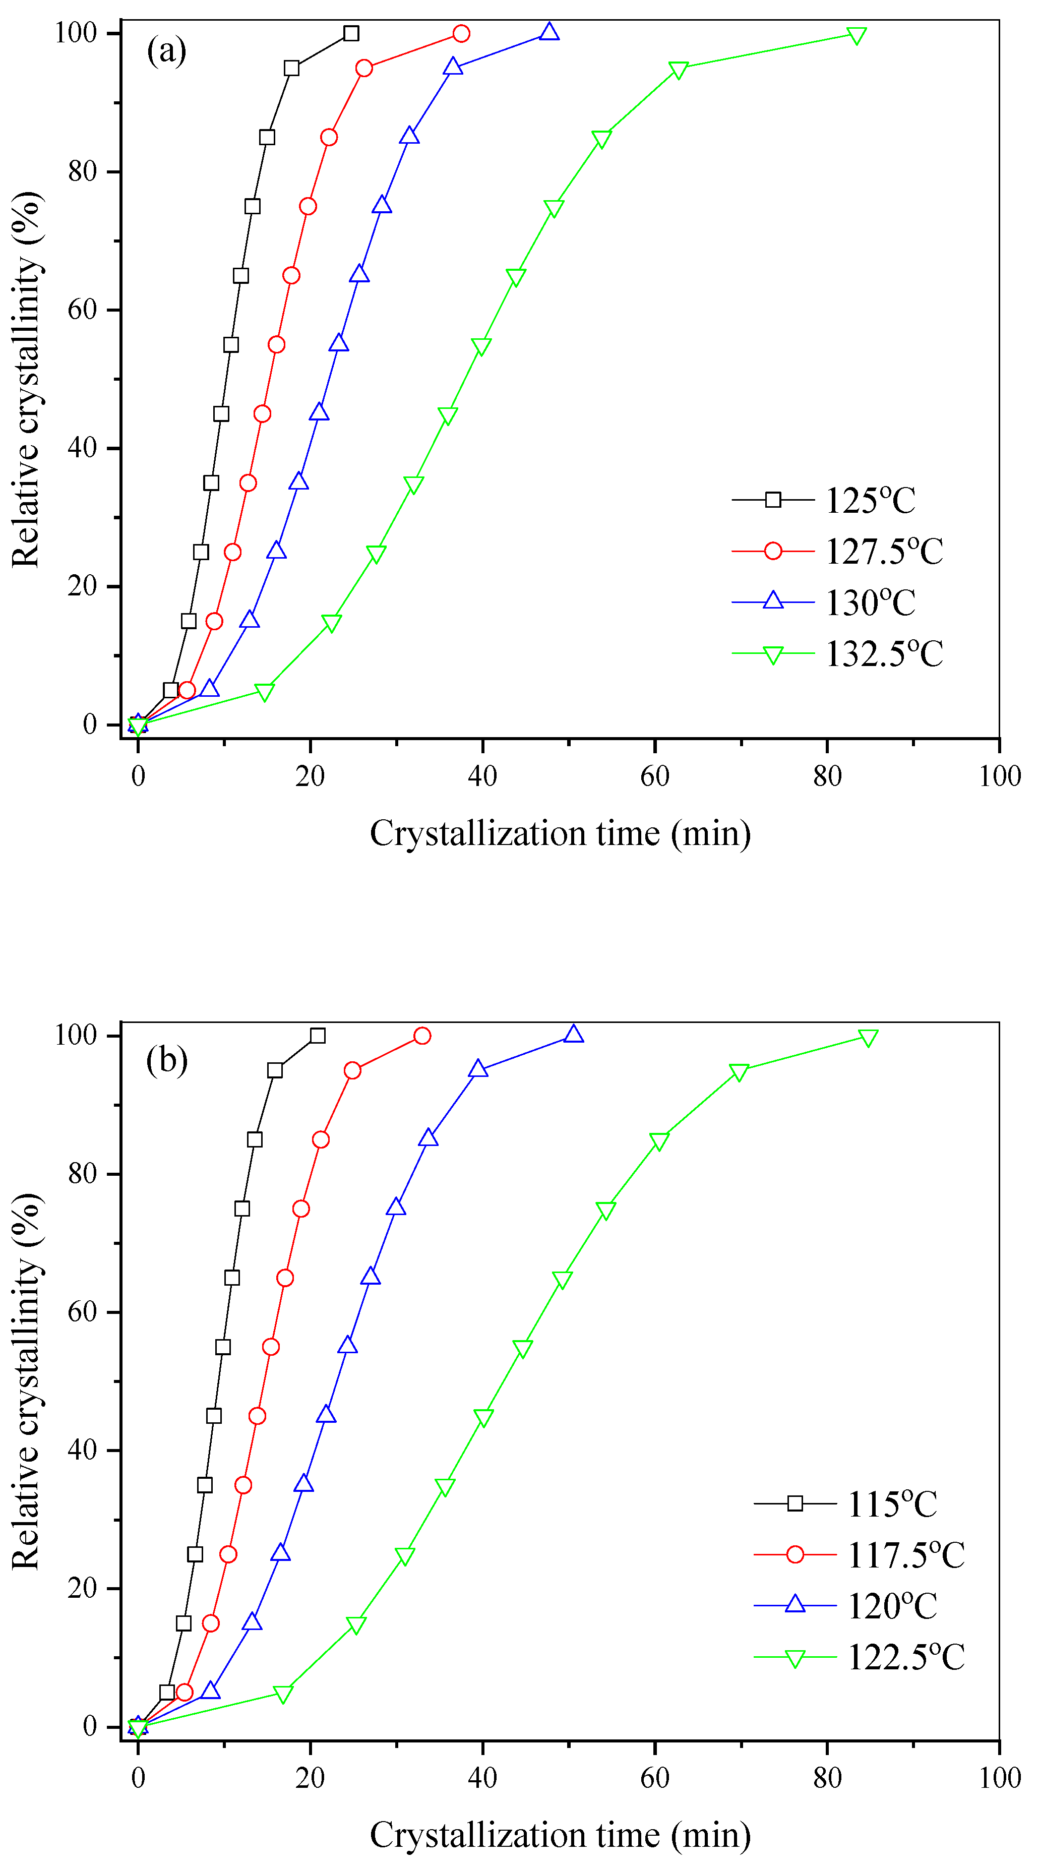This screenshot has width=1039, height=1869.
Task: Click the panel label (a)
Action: (x=166, y=51)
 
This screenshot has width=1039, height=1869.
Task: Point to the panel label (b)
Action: (x=166, y=1060)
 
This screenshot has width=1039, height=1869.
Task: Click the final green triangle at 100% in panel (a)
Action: (x=856, y=36)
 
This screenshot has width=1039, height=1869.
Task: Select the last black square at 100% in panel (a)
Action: (x=351, y=33)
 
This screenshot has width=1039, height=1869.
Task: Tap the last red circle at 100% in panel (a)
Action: (x=461, y=33)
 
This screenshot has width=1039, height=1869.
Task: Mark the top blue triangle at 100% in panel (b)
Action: (x=573, y=1034)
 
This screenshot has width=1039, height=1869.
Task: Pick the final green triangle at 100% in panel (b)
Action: (x=868, y=1038)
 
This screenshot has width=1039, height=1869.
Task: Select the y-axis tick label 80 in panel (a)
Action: (x=82, y=172)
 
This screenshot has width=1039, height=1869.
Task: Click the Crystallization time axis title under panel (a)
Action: (x=560, y=833)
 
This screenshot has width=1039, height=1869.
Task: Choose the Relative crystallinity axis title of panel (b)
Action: (x=26, y=1381)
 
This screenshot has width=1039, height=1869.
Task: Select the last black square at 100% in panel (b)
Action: (x=317, y=1036)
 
